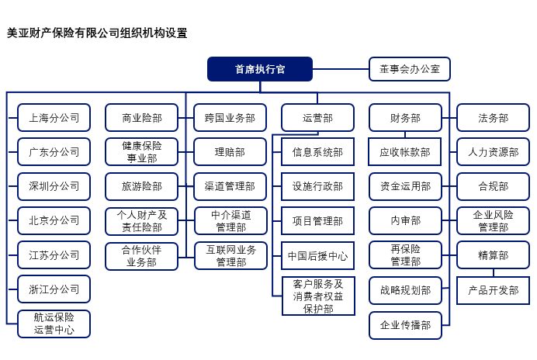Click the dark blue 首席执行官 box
(260, 69)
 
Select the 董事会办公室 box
(410, 69)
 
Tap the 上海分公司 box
(54, 118)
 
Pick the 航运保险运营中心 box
(54, 324)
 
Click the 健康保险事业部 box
(142, 152)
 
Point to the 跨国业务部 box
(230, 118)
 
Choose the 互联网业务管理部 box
(230, 256)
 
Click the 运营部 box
(317, 118)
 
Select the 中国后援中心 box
(318, 256)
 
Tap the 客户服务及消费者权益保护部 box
(318, 296)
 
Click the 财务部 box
(405, 118)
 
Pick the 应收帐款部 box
(405, 152)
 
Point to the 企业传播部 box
(405, 325)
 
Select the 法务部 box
(494, 118)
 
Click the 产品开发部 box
(494, 290)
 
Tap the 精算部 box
(494, 255)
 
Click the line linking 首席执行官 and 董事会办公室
(341, 69)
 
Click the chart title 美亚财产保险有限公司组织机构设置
(97, 33)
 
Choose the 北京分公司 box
(54, 220)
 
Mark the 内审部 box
(405, 220)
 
